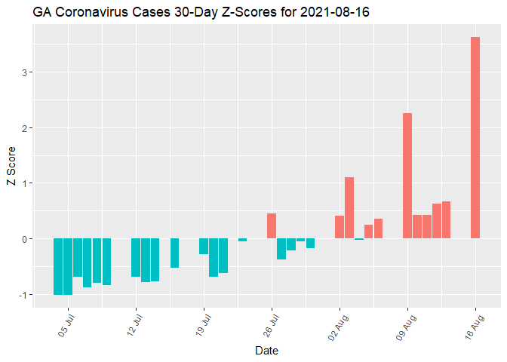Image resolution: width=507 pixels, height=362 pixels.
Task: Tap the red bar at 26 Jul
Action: click(272, 226)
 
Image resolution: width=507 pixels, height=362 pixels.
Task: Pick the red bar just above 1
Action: click(349, 208)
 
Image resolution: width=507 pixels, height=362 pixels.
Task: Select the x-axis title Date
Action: click(267, 351)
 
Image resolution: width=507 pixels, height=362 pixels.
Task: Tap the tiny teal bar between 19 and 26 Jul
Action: click(242, 240)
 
